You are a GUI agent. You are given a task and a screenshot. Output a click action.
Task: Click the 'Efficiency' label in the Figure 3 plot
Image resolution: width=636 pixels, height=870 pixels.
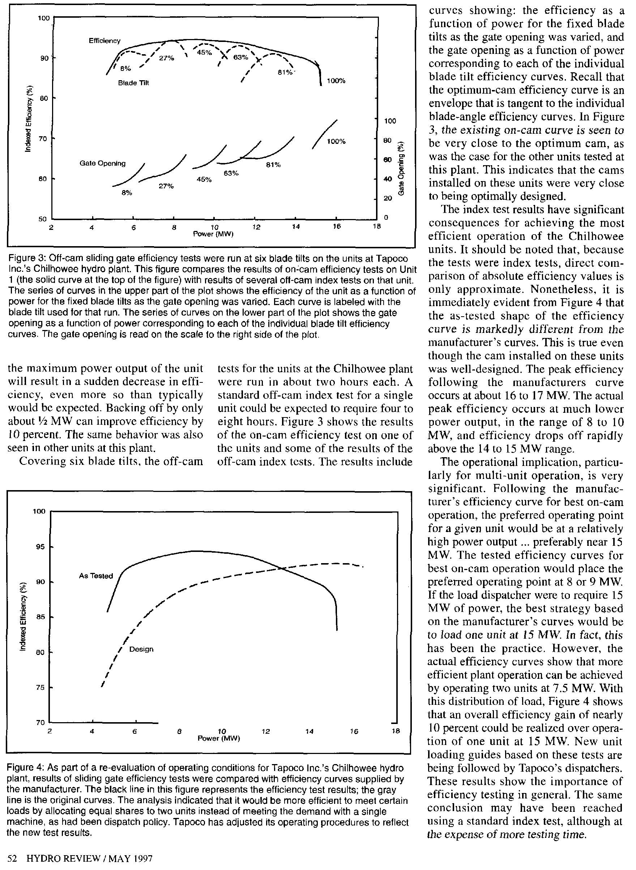pyautogui.click(x=104, y=41)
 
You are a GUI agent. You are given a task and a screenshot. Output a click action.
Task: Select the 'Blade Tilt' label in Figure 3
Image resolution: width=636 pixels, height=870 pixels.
pyautogui.click(x=133, y=83)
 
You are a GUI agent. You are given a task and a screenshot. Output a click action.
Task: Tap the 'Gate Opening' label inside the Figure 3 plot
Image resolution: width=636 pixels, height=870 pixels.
pyautogui.click(x=102, y=163)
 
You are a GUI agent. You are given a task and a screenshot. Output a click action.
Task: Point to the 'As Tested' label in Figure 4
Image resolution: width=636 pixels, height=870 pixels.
pyautogui.click(x=96, y=576)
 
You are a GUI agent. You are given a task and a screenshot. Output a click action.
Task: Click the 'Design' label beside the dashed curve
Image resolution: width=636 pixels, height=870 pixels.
pyautogui.click(x=141, y=649)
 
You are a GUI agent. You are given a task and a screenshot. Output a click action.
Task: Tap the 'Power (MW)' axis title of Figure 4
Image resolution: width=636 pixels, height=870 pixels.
pyautogui.click(x=219, y=738)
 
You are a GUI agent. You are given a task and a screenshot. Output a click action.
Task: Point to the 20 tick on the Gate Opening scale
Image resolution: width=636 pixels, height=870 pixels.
pyautogui.click(x=388, y=198)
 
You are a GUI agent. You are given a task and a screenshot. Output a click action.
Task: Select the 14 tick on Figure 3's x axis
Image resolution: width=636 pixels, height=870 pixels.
pyautogui.click(x=296, y=227)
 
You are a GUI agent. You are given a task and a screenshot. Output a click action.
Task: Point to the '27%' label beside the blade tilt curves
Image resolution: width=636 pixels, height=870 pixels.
pyautogui.click(x=167, y=59)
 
